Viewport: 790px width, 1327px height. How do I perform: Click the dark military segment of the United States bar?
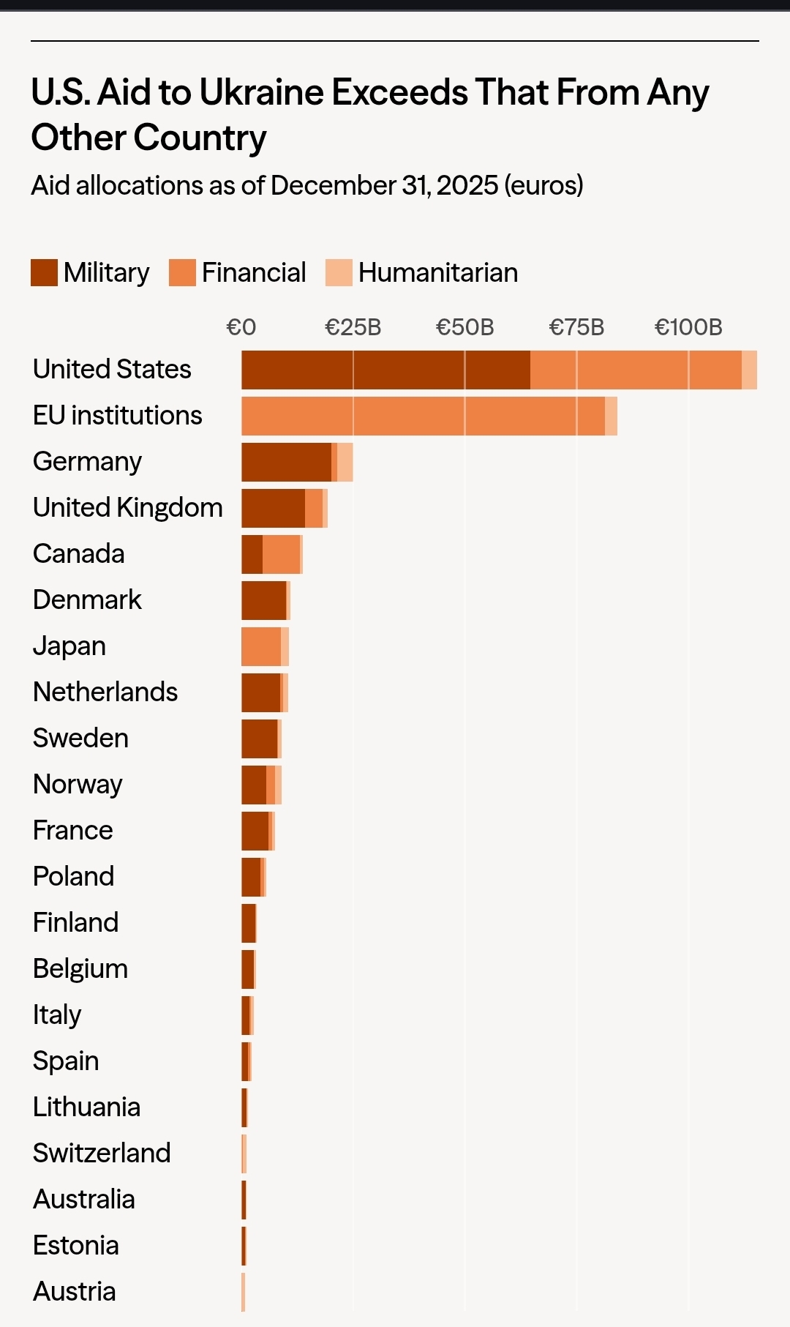[x=385, y=370]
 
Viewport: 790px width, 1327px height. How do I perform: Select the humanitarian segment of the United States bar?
[x=749, y=370]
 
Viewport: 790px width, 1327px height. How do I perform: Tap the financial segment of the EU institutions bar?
[x=423, y=416]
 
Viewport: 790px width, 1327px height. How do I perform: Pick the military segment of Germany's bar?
[x=286, y=462]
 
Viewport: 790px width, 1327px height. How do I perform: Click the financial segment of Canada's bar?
[x=281, y=554]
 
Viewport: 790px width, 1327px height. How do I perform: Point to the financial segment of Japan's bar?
[x=261, y=646]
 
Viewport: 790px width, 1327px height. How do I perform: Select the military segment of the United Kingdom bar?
[x=273, y=508]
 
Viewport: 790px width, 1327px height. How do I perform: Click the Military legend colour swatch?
[x=44, y=273]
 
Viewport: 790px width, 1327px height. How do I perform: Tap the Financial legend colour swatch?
[x=182, y=273]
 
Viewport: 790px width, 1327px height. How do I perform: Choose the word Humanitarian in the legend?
[x=437, y=273]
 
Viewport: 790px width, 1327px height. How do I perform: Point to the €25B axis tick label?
[x=353, y=327]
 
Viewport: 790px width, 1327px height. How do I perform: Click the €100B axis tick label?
[x=688, y=327]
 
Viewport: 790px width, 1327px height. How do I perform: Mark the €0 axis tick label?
[x=241, y=327]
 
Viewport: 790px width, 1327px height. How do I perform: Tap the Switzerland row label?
[x=102, y=1153]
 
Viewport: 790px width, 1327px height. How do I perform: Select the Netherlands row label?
[x=105, y=692]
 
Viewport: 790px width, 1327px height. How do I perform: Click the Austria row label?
[x=75, y=1291]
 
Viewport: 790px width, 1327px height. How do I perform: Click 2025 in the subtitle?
[x=467, y=186]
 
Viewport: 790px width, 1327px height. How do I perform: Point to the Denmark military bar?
[x=263, y=600]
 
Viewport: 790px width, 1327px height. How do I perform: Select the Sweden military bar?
[x=259, y=739]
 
